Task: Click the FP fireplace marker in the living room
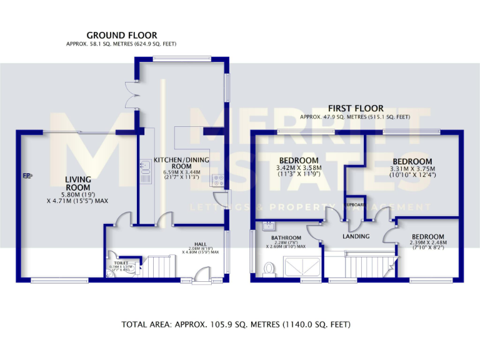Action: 27,176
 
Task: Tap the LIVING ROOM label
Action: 78,183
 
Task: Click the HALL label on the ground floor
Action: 200,244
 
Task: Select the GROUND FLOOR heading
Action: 121,35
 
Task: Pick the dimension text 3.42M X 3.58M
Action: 299,167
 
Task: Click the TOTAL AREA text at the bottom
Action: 235,324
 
